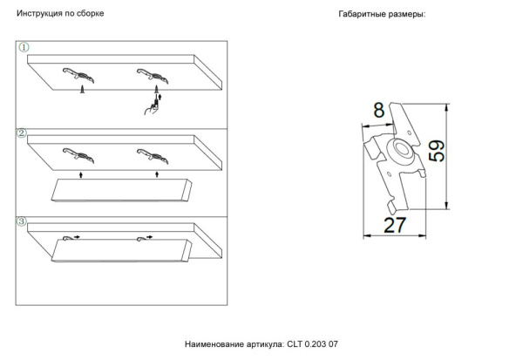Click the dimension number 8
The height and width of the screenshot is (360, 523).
tap(378, 111)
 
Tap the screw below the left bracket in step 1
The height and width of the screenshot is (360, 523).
tap(81, 89)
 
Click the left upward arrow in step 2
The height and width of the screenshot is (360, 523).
tap(81, 175)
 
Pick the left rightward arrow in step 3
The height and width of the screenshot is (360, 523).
tap(76, 236)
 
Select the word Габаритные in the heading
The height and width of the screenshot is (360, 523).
tap(364, 16)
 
